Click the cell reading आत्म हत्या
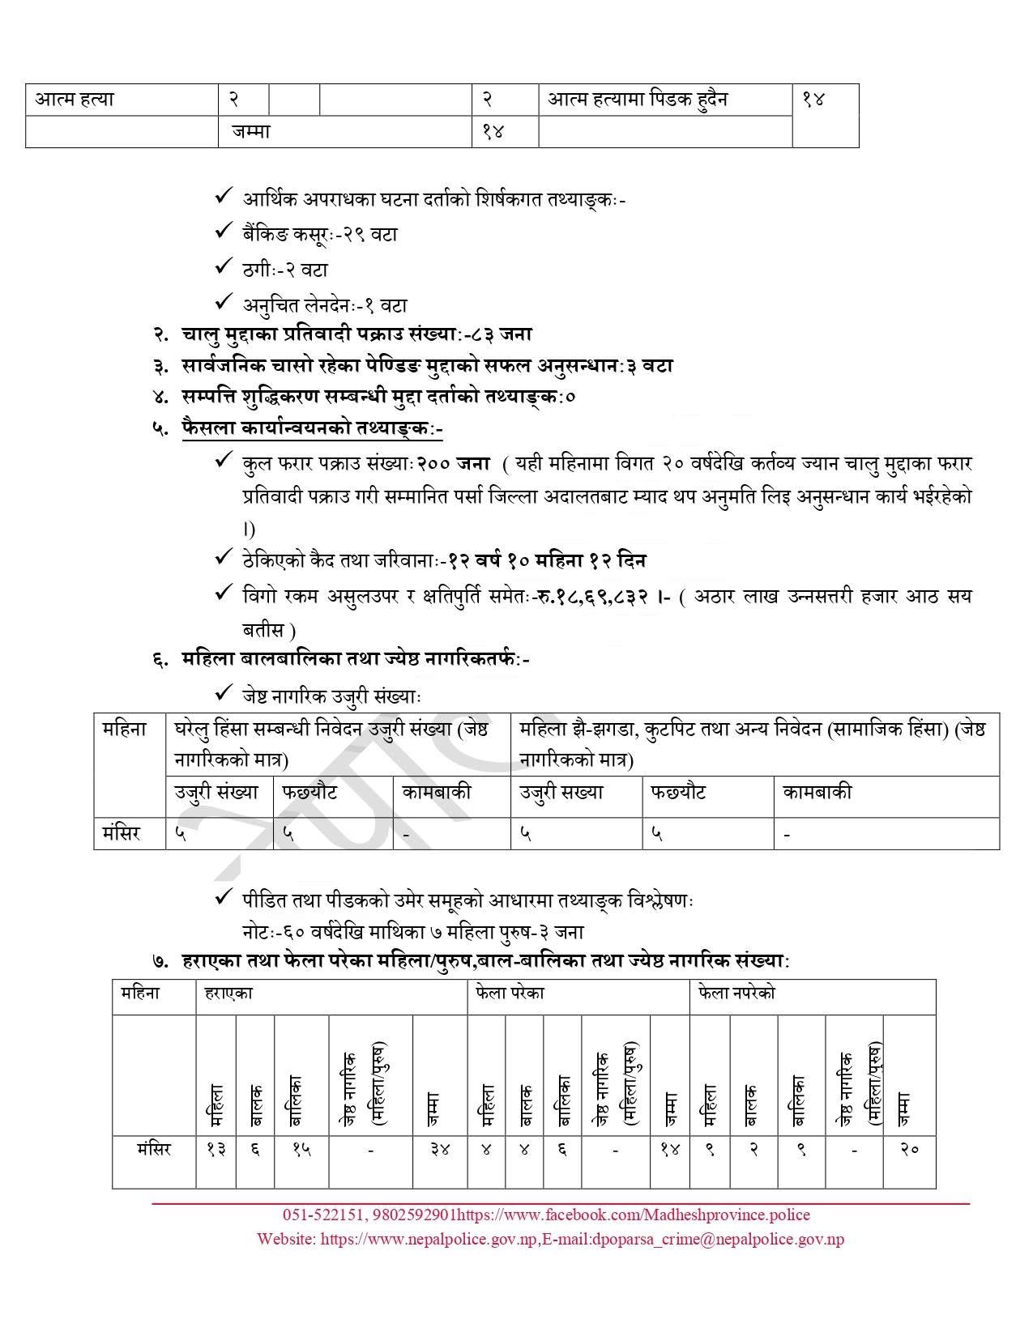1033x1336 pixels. (x=75, y=100)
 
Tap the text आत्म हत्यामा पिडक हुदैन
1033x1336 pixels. (x=638, y=100)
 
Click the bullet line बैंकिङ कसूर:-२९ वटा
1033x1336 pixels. (x=319, y=234)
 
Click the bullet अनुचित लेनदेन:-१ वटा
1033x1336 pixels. (x=324, y=305)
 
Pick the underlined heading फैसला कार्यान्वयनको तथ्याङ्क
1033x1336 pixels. (x=313, y=428)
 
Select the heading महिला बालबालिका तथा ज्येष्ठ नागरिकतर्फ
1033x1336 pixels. (x=356, y=659)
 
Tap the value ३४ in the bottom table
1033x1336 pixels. (x=440, y=1149)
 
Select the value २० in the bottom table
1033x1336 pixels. (x=909, y=1149)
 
